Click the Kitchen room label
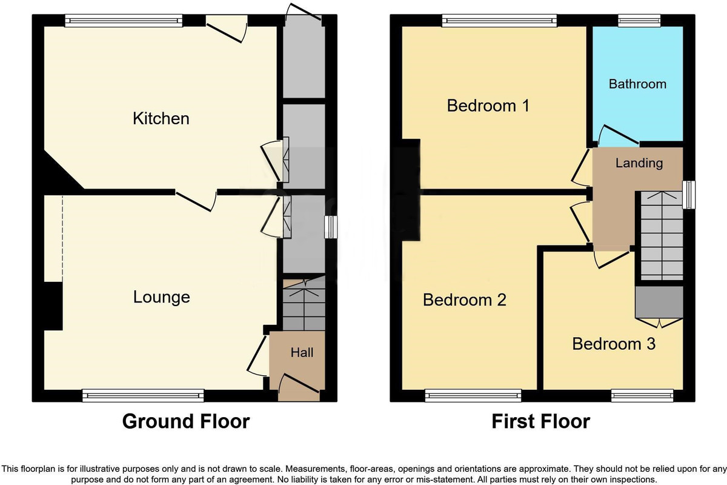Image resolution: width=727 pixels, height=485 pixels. (x=161, y=118)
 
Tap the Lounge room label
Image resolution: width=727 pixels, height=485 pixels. (x=161, y=297)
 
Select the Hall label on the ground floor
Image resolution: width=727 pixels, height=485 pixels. (x=302, y=352)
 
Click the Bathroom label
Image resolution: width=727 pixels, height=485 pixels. (x=637, y=84)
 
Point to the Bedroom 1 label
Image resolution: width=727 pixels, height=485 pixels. (x=488, y=106)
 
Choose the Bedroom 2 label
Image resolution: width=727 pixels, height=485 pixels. (x=465, y=300)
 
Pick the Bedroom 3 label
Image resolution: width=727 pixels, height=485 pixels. (x=614, y=344)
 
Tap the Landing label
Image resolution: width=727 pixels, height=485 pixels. (x=639, y=163)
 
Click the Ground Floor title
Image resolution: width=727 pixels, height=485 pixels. (x=186, y=421)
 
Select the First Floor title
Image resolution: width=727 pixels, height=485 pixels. (x=540, y=421)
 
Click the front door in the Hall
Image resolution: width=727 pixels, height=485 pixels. (x=298, y=387)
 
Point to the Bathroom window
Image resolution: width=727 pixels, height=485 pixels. (x=638, y=21)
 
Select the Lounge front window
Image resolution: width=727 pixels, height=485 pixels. (x=143, y=396)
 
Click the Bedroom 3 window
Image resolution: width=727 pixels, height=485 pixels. (x=642, y=396)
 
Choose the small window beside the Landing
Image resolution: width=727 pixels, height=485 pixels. (x=689, y=195)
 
